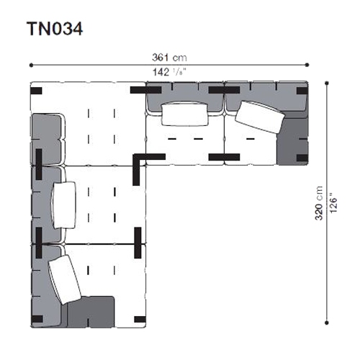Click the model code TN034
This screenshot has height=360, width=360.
point(55,29)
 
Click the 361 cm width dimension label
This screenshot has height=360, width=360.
point(169,58)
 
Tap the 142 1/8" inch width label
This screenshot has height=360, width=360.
point(169,72)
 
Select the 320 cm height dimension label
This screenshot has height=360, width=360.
point(319,203)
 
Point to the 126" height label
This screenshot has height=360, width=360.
point(333,203)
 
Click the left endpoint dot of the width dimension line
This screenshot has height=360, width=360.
point(31,65)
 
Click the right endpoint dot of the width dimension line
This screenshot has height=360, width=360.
point(307,65)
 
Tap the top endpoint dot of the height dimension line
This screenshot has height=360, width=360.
point(326,84)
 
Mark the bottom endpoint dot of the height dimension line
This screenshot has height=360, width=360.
point(326,323)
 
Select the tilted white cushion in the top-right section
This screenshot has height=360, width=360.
point(260,117)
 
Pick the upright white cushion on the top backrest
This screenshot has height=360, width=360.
point(184,114)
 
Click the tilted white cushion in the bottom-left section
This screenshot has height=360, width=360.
point(65,279)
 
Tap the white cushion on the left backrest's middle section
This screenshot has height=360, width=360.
point(64,205)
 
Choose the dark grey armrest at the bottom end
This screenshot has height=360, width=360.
point(91,312)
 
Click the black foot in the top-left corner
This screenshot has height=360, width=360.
point(36,91)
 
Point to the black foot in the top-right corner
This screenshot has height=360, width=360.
point(302,91)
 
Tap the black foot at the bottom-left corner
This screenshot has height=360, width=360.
point(37,319)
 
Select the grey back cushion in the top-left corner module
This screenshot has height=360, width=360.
point(48,139)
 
